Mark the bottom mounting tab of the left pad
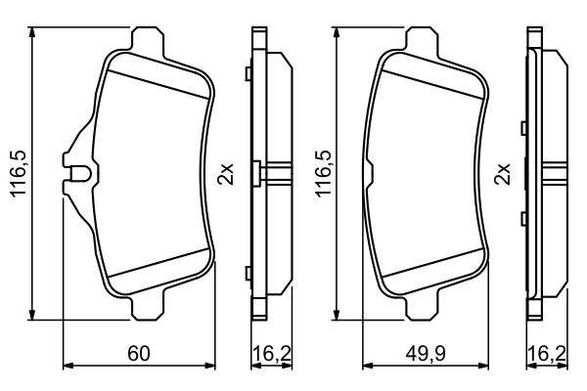(148, 311)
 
